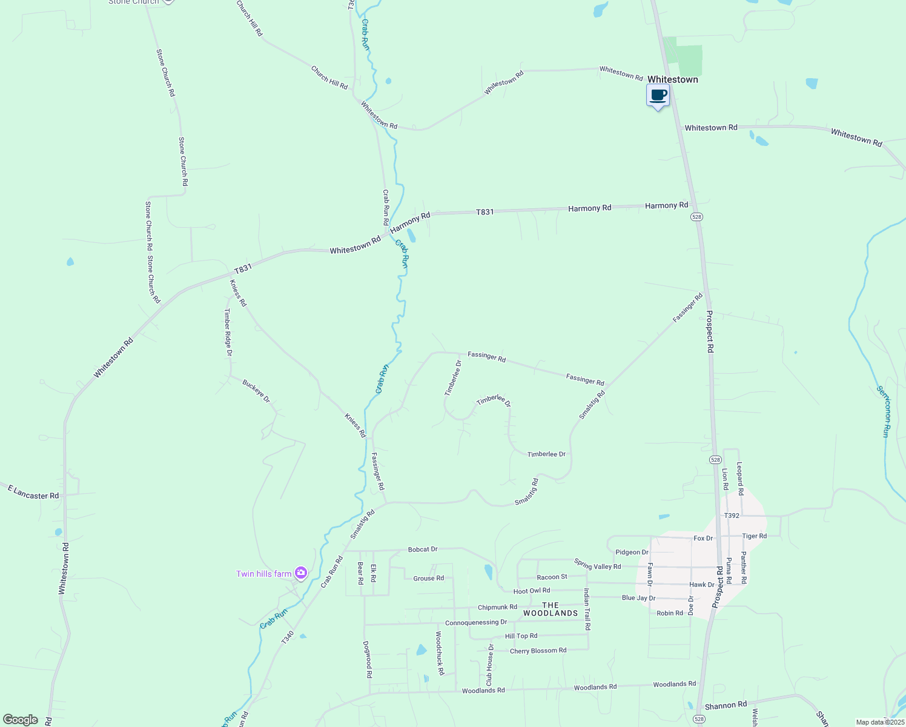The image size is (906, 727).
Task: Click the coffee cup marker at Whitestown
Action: (x=658, y=96)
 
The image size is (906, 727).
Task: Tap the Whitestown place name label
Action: (x=672, y=79)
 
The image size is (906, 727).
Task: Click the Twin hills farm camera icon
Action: (x=301, y=573)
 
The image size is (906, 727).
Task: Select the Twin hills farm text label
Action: (x=263, y=574)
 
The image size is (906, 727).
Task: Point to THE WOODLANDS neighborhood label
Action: (x=551, y=609)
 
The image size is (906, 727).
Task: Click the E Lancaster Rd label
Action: (x=33, y=493)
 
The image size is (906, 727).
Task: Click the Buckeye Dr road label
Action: (x=256, y=391)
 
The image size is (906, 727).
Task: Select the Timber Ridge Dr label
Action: (x=228, y=332)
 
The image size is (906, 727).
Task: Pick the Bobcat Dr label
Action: (x=423, y=549)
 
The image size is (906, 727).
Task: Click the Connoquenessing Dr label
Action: (x=476, y=623)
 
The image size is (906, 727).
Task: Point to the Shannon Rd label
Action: (x=726, y=705)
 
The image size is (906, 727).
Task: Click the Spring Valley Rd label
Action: (x=598, y=564)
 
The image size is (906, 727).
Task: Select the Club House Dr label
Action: (x=490, y=665)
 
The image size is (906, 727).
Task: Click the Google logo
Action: (x=21, y=720)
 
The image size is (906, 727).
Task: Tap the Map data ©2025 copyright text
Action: (x=879, y=722)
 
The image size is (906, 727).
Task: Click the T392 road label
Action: (x=732, y=516)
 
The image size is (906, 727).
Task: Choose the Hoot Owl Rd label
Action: (x=532, y=591)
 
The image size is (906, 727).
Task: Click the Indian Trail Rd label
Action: (x=587, y=609)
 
